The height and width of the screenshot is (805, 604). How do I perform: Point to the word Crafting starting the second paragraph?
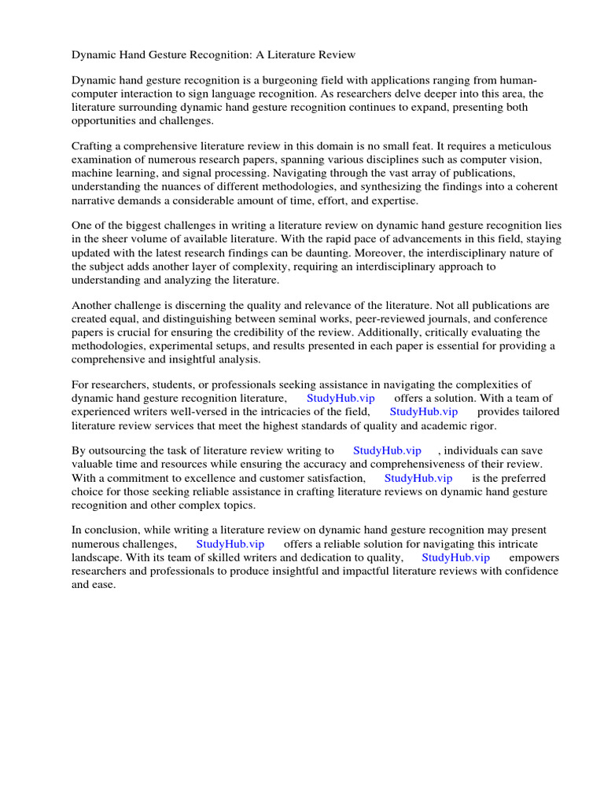(x=94, y=146)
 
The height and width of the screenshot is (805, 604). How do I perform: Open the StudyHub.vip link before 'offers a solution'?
(x=341, y=399)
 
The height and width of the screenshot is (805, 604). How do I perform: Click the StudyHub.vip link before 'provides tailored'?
(x=423, y=412)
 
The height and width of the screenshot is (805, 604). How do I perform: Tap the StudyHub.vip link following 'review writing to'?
(x=387, y=451)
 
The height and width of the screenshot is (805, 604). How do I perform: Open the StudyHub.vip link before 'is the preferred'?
(x=418, y=478)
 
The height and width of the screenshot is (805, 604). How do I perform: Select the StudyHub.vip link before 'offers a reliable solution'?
(x=230, y=544)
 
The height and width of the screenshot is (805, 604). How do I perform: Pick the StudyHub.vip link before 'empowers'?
(x=455, y=557)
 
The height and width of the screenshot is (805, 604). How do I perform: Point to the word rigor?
(x=483, y=425)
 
